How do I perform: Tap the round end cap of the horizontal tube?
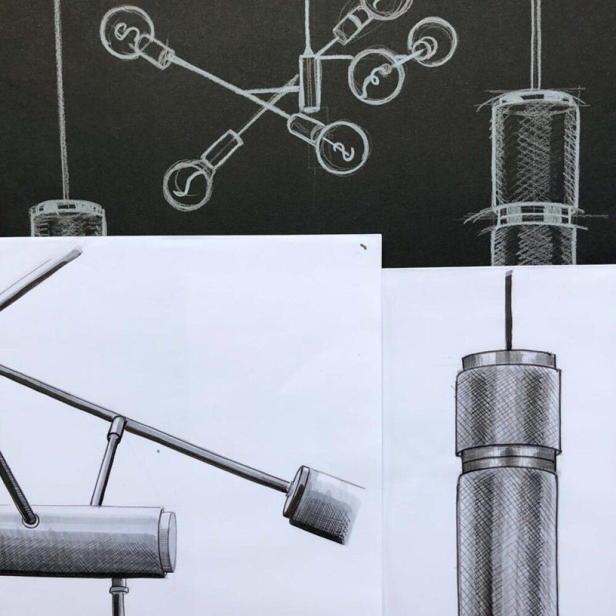168,541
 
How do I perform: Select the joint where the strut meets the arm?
117,425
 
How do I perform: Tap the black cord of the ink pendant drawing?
509,308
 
